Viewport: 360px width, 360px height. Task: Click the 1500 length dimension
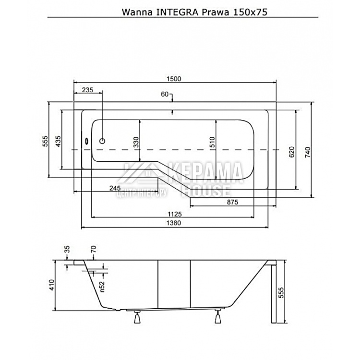click(x=175, y=79)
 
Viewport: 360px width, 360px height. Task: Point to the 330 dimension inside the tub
click(x=136, y=142)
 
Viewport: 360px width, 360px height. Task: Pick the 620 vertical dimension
click(x=291, y=152)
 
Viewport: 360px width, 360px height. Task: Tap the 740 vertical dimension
click(x=308, y=152)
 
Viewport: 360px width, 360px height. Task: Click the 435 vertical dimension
click(x=58, y=141)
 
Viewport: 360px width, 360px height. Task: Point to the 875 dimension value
click(x=232, y=202)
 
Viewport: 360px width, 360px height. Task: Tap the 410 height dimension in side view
click(x=52, y=286)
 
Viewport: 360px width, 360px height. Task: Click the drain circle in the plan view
click(x=102, y=141)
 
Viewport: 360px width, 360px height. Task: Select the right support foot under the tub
click(x=218, y=317)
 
